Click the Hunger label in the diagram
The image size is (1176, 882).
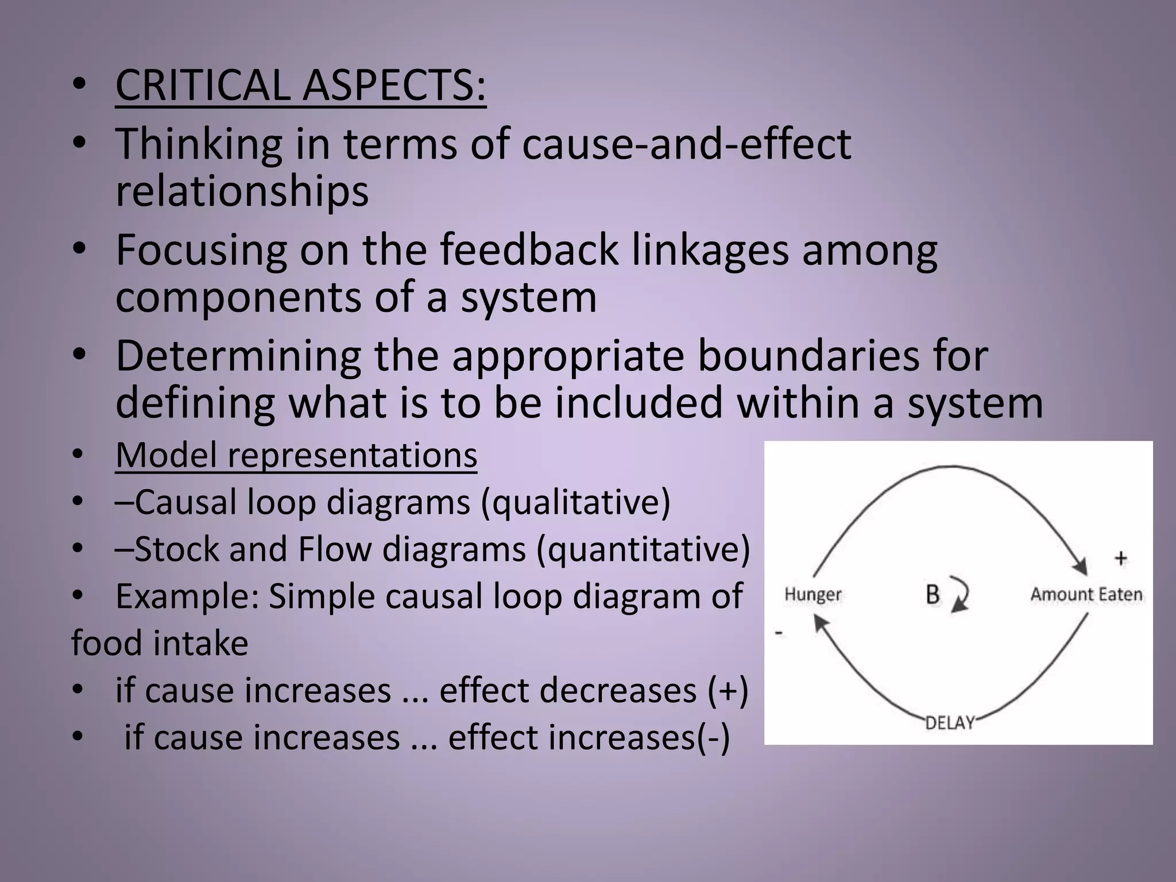click(813, 594)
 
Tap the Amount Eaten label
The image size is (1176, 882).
click(1086, 594)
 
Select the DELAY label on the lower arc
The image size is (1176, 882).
click(950, 722)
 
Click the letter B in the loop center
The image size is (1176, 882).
click(933, 595)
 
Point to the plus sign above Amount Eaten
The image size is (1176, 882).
click(1120, 558)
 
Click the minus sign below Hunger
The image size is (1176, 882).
click(779, 632)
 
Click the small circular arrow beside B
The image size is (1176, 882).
click(960, 595)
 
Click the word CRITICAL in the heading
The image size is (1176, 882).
click(204, 85)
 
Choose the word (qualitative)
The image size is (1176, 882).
click(575, 502)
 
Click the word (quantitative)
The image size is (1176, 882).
click(643, 550)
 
